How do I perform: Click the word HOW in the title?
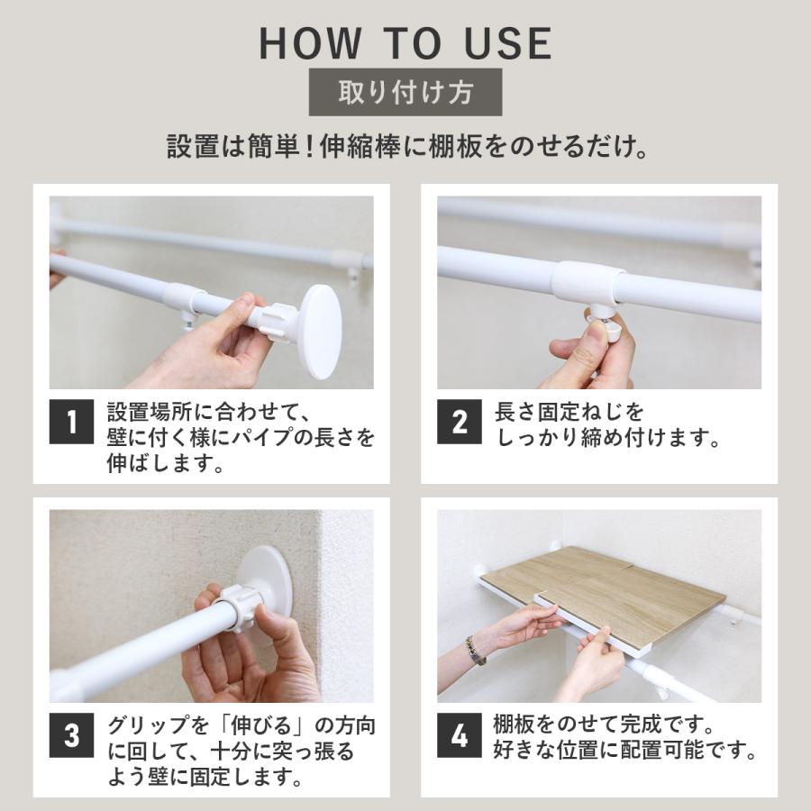pyautogui.click(x=310, y=43)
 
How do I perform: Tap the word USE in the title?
pyautogui.click(x=508, y=43)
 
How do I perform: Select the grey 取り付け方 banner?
pyautogui.click(x=405, y=92)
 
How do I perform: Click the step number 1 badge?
pyautogui.click(x=72, y=422)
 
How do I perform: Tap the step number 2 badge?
pyautogui.click(x=460, y=422)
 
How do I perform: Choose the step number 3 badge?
pyautogui.click(x=72, y=735)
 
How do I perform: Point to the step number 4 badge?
pyautogui.click(x=460, y=735)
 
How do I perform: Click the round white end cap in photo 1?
pyautogui.click(x=321, y=332)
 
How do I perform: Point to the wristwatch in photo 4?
pyautogui.click(x=475, y=651)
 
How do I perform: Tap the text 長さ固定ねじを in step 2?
pyautogui.click(x=569, y=412)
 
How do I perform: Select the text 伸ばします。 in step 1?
pyautogui.click(x=166, y=463)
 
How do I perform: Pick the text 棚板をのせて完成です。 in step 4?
pyautogui.click(x=604, y=724)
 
